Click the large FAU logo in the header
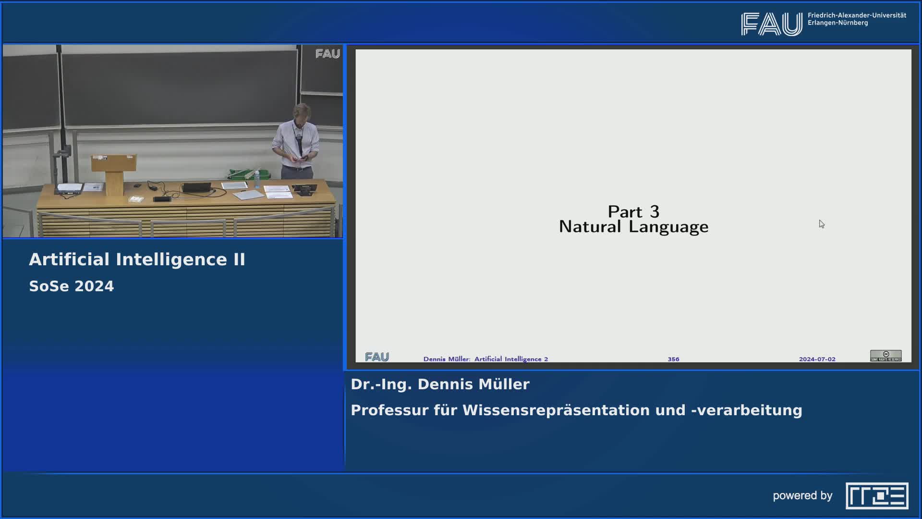772,24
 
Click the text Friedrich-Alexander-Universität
857,15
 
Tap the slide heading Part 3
633,211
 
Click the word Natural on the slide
590,227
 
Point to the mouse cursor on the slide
822,224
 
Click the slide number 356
673,359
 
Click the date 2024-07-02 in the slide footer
817,359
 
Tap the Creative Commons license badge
886,356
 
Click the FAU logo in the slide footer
377,357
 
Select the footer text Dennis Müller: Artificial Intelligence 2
485,359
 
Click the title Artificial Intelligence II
137,259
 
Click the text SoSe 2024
72,286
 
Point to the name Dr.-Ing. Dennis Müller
440,384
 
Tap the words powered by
802,495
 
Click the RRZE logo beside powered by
877,495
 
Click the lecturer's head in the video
301,113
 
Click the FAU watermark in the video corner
328,54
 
